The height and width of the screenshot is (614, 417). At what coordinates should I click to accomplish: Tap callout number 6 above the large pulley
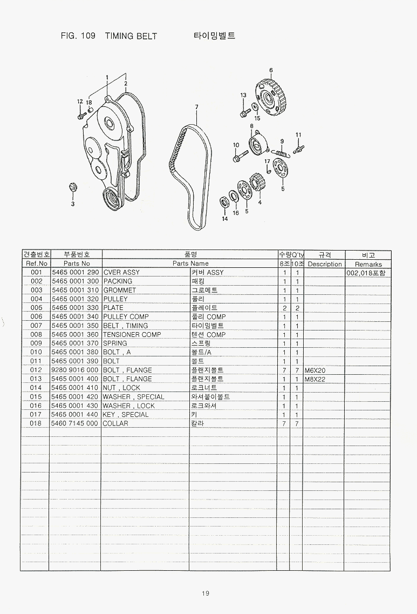point(271,71)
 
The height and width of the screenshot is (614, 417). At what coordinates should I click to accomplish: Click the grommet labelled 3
point(72,187)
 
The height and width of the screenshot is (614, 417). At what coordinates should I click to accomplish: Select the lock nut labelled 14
point(224,202)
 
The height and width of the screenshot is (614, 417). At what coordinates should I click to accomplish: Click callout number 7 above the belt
point(196,107)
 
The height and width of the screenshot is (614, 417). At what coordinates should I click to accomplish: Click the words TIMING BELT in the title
point(131,36)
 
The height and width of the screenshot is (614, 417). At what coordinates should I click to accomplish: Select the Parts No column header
point(77,264)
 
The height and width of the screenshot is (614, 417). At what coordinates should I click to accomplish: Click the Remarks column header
point(368,264)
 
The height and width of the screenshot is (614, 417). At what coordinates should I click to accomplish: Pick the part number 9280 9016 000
point(75,370)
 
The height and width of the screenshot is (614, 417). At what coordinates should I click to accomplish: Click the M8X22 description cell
point(315,380)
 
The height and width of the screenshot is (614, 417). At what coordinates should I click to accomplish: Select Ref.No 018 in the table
point(36,423)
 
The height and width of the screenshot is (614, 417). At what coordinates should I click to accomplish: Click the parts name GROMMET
point(119,290)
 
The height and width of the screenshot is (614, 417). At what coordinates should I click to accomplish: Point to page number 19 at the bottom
point(206,593)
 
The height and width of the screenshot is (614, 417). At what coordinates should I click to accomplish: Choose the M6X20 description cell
point(315,370)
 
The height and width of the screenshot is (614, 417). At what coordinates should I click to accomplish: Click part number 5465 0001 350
point(75,326)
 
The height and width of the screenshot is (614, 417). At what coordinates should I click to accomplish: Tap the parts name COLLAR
point(115,423)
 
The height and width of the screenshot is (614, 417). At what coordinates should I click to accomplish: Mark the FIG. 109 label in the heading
point(78,36)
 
